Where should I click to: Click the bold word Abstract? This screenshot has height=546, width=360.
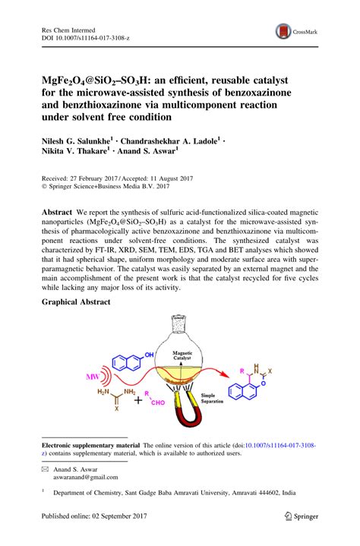(58, 210)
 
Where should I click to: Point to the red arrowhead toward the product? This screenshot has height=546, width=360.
(226, 374)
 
